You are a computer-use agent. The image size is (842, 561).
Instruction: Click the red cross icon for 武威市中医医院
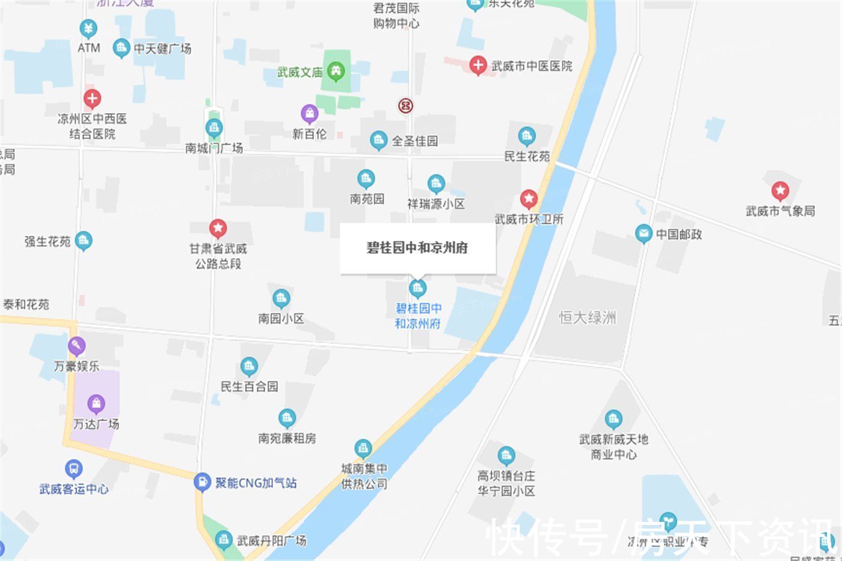(478, 65)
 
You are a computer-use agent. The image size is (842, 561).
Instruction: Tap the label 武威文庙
(300, 72)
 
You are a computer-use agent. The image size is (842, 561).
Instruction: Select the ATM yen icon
(88, 28)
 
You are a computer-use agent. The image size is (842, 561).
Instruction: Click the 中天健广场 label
(162, 48)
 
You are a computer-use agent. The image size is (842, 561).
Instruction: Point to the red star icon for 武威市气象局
(780, 191)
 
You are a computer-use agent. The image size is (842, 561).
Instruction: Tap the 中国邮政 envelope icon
(644, 233)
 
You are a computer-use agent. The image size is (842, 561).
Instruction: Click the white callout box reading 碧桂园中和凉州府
(417, 248)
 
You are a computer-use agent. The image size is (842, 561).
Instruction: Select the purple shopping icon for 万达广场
(96, 403)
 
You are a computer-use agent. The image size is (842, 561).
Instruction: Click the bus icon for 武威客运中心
(73, 468)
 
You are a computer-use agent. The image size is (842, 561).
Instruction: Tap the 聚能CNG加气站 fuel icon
(202, 482)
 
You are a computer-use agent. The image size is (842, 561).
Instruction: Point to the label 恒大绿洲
(587, 317)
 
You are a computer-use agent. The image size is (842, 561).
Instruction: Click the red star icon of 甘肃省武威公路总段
(218, 228)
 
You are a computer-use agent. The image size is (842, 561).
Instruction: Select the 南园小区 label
(281, 318)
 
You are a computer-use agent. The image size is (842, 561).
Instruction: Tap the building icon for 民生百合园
(249, 366)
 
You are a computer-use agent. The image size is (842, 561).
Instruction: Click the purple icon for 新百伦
(309, 113)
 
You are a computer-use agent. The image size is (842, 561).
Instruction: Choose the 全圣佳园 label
(414, 141)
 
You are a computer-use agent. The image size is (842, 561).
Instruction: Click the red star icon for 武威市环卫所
(529, 198)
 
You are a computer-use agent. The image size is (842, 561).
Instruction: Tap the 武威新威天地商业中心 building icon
(613, 418)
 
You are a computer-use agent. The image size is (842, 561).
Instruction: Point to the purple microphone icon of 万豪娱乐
(76, 346)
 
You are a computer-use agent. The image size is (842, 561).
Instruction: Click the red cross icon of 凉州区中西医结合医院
(92, 98)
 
